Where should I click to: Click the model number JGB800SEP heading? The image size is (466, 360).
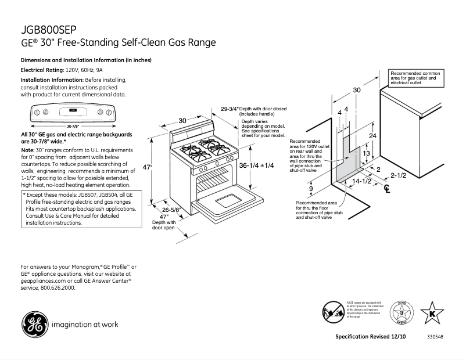click(x=48, y=30)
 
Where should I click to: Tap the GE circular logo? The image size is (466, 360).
click(x=33, y=323)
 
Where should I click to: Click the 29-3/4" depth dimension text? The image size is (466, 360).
click(x=230, y=109)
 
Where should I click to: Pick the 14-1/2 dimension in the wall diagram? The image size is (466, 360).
click(x=362, y=181)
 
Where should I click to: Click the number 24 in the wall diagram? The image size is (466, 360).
click(x=373, y=135)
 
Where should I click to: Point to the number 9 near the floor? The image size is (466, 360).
click(x=311, y=189)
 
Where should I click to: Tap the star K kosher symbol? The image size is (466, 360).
click(x=432, y=312)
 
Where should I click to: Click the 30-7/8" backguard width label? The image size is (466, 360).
click(x=73, y=125)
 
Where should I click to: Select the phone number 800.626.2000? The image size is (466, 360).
click(x=58, y=287)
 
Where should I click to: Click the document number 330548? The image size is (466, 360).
click(x=436, y=337)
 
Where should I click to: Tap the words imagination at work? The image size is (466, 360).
click(x=81, y=324)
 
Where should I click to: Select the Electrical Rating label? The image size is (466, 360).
click(x=42, y=70)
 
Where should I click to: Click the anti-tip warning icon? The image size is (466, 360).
click(x=334, y=311)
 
